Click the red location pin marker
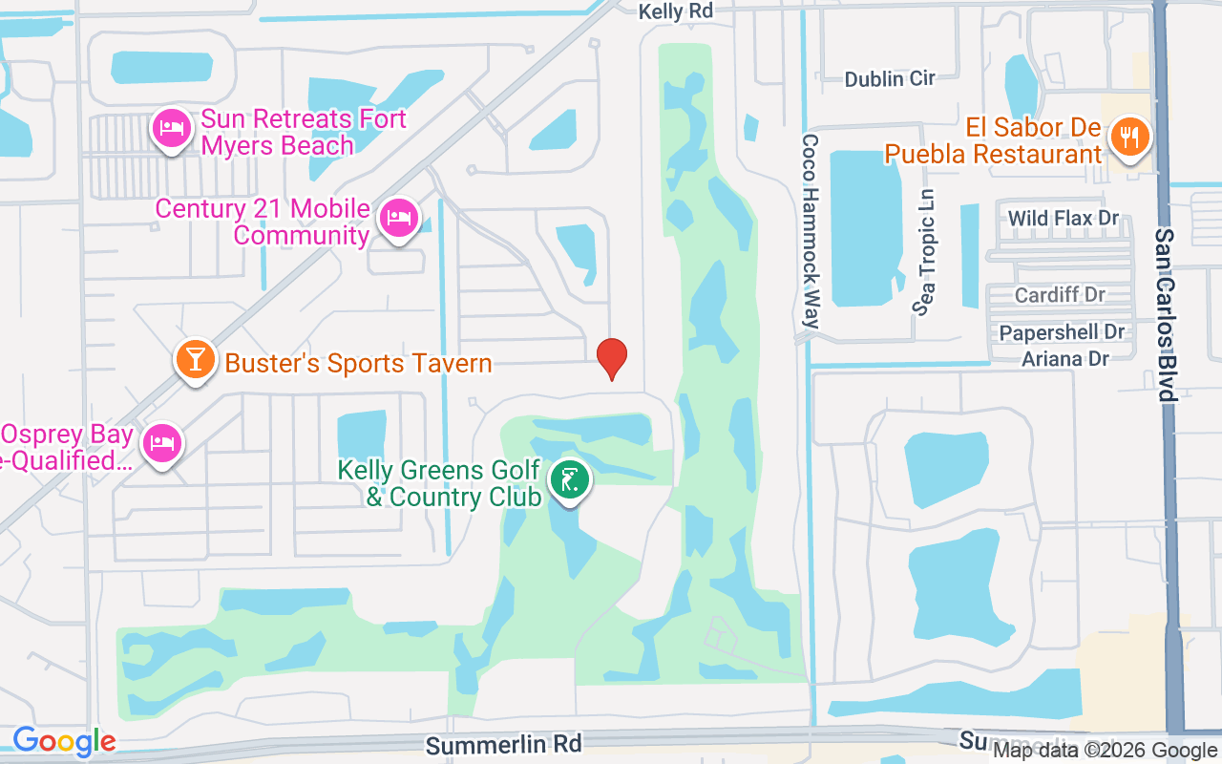point(611,359)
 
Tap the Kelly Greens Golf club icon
point(570,480)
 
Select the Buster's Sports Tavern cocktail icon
point(196,361)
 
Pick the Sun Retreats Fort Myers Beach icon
point(171,129)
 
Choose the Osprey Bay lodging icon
point(161,442)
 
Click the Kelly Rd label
point(676,11)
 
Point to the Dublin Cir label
point(890,78)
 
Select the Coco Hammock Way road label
point(811,230)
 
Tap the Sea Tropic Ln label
point(926,251)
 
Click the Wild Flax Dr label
point(1064,218)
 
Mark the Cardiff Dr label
point(1060,294)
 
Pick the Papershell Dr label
point(1062,332)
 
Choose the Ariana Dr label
point(1065,359)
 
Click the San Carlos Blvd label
point(1165,315)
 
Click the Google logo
point(64,740)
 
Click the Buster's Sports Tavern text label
point(358,363)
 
